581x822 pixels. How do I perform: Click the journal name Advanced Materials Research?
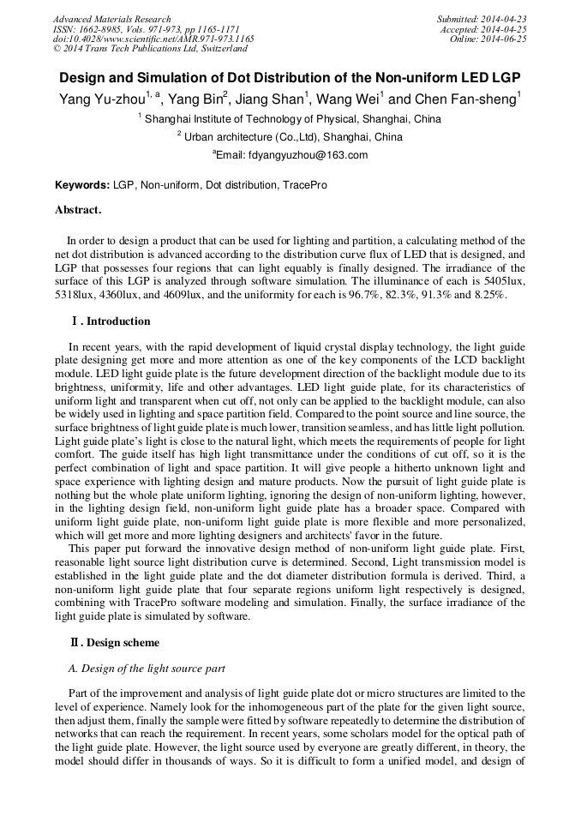(x=111, y=19)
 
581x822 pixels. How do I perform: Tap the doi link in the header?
(x=153, y=39)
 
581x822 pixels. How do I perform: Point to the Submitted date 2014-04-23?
(x=481, y=19)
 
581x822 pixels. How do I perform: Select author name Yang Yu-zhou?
(x=101, y=99)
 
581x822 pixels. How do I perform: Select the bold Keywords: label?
(x=82, y=185)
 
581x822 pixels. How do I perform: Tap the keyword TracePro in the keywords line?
(x=304, y=185)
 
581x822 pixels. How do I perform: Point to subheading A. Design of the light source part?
(x=146, y=668)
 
